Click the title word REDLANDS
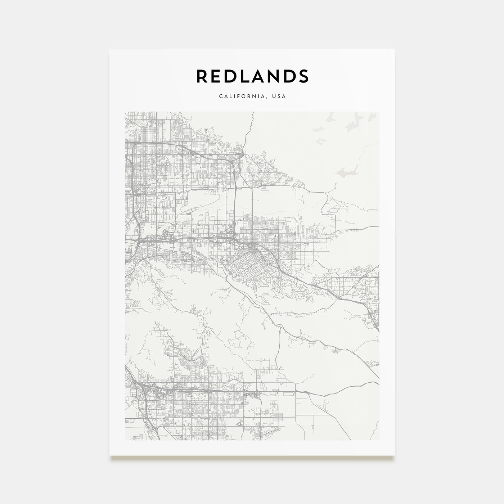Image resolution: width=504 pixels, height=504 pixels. (x=252, y=76)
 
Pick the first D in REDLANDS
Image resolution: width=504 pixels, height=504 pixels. (x=231, y=76)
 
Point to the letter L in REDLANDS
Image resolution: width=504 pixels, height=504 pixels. (x=245, y=76)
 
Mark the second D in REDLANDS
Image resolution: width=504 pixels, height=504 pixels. (x=289, y=76)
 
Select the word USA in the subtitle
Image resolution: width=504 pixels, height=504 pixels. (x=279, y=96)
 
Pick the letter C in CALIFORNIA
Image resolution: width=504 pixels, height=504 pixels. (x=220, y=96)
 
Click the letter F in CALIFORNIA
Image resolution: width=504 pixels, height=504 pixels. (x=238, y=96)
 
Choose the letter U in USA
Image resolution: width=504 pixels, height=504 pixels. (x=274, y=96)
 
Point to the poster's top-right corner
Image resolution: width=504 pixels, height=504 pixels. (x=394, y=49)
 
